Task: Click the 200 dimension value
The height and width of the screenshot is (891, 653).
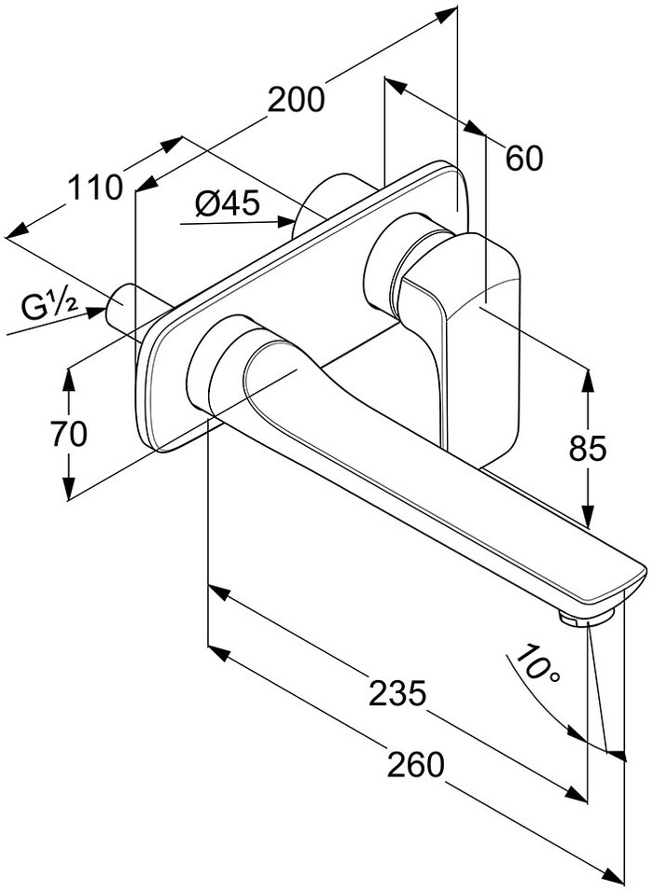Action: (x=296, y=100)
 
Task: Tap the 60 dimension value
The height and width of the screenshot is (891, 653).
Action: (x=524, y=158)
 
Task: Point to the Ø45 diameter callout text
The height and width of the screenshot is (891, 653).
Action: (x=228, y=202)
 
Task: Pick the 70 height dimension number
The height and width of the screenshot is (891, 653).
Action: (x=69, y=434)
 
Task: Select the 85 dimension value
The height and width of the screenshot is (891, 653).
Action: (x=588, y=448)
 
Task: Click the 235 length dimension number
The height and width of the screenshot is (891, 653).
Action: (x=397, y=692)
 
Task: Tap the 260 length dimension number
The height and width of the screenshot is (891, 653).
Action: (x=415, y=764)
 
